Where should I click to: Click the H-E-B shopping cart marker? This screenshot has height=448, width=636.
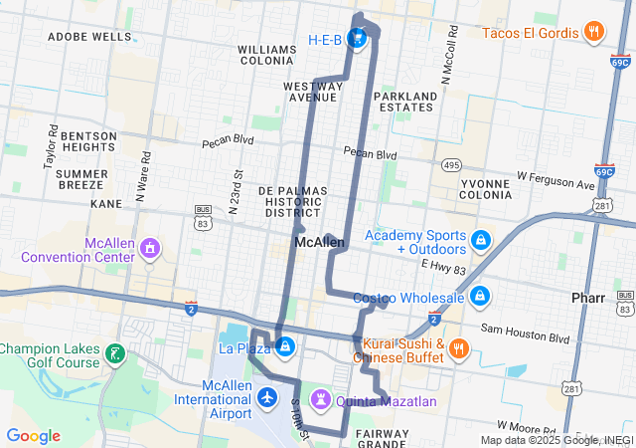(358, 41)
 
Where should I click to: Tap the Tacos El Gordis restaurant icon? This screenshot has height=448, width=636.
(593, 32)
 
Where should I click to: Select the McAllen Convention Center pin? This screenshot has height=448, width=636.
(149, 246)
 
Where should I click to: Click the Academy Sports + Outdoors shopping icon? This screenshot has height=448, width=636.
(481, 241)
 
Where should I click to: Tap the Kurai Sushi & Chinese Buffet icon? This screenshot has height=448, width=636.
(458, 348)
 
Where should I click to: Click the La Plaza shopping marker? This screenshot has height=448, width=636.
(285, 346)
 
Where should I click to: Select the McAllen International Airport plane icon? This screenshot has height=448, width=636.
(266, 398)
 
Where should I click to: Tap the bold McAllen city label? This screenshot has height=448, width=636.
(319, 242)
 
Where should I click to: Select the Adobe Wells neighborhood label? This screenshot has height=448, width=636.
(88, 37)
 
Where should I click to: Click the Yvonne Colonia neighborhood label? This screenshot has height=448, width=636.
(486, 189)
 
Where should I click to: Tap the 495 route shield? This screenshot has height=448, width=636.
(451, 165)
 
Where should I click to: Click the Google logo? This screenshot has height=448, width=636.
(34, 436)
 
